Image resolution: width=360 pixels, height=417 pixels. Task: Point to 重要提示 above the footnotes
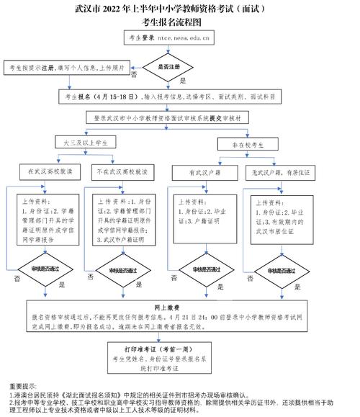[x=24, y=386]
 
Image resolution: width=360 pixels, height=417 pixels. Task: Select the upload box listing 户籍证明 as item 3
[x=202, y=216]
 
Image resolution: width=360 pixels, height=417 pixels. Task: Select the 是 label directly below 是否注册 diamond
[x=181, y=81]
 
